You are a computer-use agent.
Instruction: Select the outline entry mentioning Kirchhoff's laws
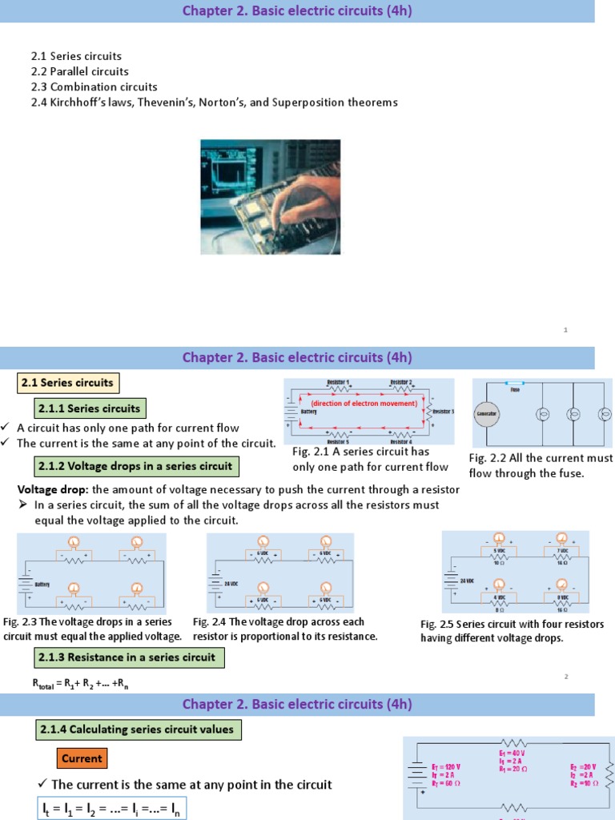(x=214, y=102)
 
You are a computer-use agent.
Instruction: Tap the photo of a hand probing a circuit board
(x=270, y=197)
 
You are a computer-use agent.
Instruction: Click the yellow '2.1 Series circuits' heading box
(x=68, y=383)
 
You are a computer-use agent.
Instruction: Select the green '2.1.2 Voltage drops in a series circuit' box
(x=135, y=466)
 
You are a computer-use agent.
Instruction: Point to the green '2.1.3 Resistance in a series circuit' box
(x=127, y=657)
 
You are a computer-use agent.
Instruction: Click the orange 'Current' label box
(x=82, y=758)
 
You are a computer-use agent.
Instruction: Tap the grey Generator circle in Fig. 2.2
(x=487, y=414)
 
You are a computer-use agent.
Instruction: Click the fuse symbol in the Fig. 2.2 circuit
(x=515, y=384)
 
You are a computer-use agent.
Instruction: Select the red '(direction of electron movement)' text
(x=364, y=403)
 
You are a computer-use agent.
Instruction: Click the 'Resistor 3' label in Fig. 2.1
(x=441, y=412)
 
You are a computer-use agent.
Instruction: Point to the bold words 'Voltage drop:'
(x=53, y=489)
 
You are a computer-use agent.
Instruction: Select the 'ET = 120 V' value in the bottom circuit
(x=446, y=766)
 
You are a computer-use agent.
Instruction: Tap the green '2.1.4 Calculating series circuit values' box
(x=135, y=730)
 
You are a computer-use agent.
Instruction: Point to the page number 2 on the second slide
(x=565, y=677)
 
